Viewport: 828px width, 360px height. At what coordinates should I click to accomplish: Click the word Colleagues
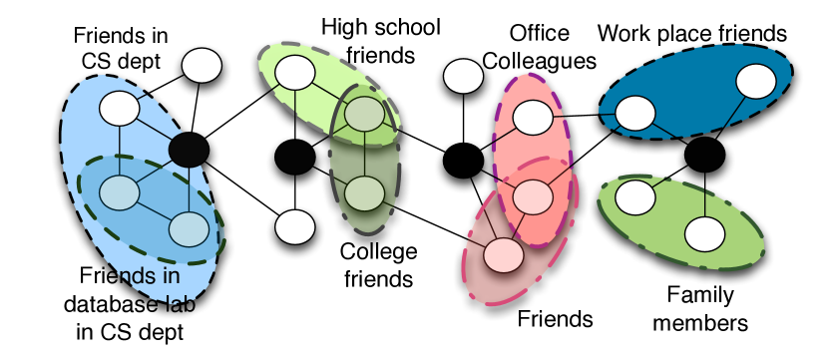click(x=539, y=61)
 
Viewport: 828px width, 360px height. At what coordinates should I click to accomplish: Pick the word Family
click(x=699, y=295)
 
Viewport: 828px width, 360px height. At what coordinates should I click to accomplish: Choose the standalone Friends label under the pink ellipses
click(x=555, y=319)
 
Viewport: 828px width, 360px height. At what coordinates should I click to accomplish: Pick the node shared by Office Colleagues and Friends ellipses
click(x=533, y=193)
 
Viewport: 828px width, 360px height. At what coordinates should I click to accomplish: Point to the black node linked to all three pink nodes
click(x=462, y=157)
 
